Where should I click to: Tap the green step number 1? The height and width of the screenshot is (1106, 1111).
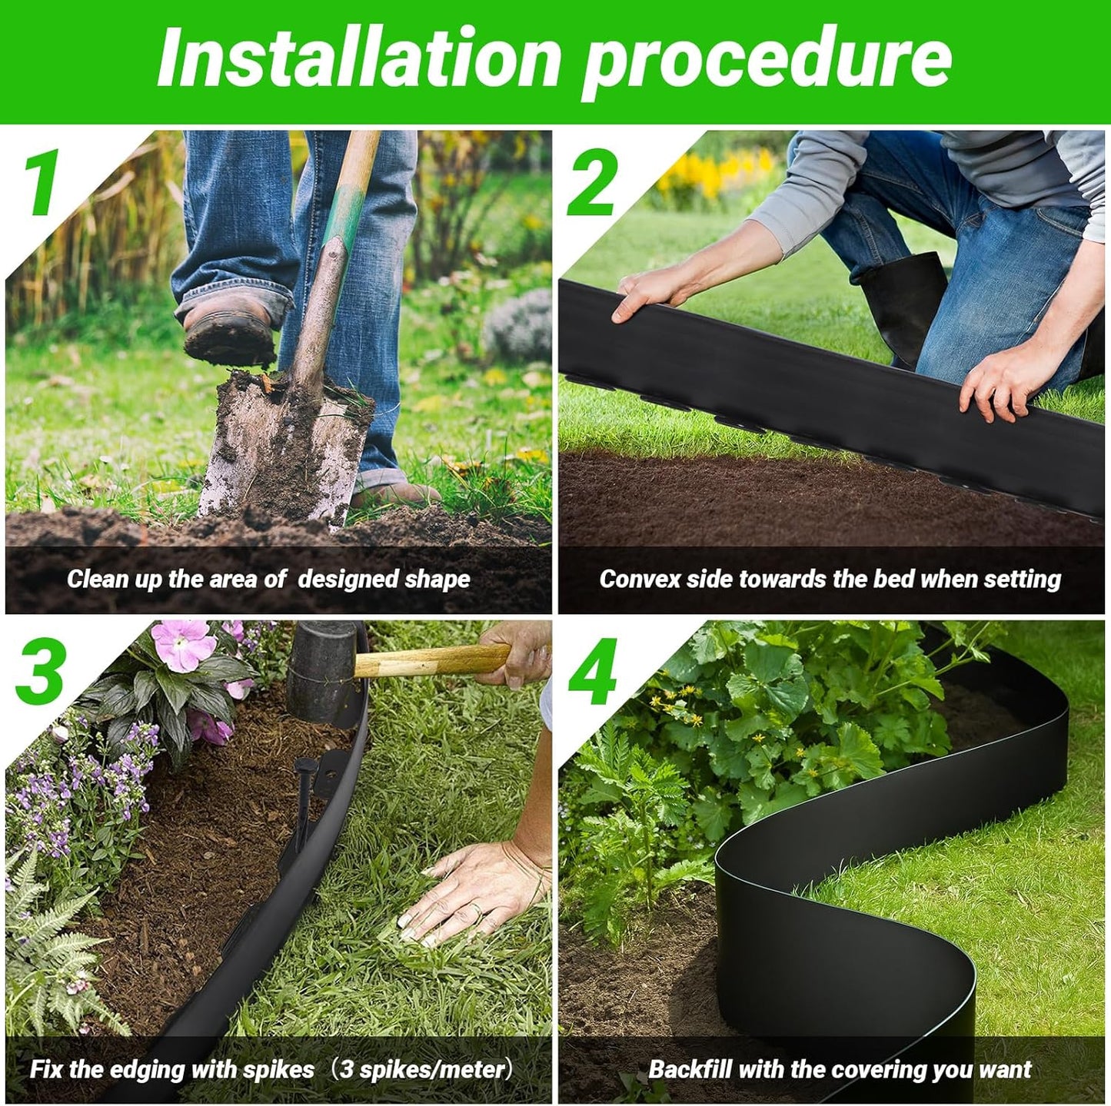coord(42,184)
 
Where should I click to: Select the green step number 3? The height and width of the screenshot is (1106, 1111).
coord(40,672)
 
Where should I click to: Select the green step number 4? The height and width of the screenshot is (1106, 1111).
coord(592,672)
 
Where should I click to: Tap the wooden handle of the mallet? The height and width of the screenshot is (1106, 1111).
coord(431,661)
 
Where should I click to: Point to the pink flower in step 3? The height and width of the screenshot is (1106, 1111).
coord(183,644)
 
